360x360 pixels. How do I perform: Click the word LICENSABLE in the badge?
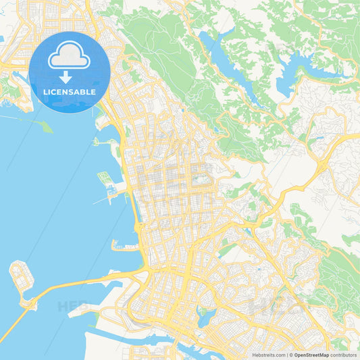coord(70,92)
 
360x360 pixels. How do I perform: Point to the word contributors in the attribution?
coord(343,355)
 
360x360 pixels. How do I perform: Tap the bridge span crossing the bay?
coord(74,284)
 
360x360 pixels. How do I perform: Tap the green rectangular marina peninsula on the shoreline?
coord(105,178)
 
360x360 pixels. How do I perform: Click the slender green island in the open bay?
coord(44,126)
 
